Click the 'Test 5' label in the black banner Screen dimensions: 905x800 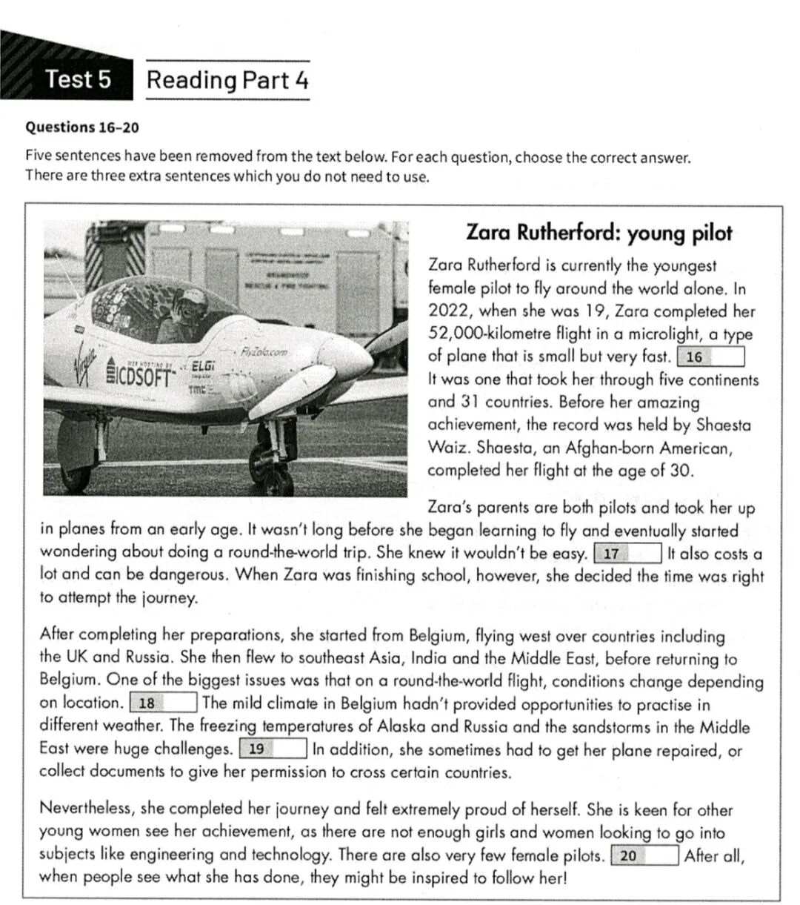pyautogui.click(x=78, y=79)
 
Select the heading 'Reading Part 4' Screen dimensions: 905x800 pyautogui.click(x=227, y=80)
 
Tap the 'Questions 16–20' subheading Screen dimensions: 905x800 pyautogui.click(x=82, y=127)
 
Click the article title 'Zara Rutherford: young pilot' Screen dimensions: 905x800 pyautogui.click(x=599, y=233)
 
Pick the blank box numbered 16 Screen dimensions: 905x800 pyautogui.click(x=710, y=357)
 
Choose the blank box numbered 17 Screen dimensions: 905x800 pyautogui.click(x=627, y=554)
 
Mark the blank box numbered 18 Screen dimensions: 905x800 pyautogui.click(x=163, y=703)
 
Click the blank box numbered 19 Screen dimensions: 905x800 pyautogui.click(x=273, y=749)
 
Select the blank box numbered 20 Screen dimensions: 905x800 pyautogui.click(x=644, y=855)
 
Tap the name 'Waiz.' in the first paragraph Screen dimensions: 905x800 pyautogui.click(x=449, y=448)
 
